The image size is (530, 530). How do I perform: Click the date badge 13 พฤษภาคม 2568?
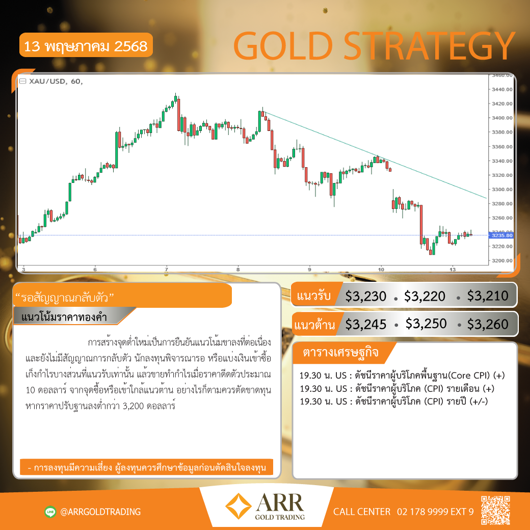pos(86,45)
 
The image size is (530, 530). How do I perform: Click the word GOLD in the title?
pos(283,46)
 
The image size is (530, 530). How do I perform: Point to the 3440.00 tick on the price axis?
pos(502,90)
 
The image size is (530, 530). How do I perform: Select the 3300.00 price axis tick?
pos(502,189)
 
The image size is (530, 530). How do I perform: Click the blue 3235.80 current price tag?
pos(501,235)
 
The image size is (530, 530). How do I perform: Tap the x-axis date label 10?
pos(381,270)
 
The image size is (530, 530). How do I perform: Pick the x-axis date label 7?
pos(166,270)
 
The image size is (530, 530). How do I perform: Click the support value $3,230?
pos(365,296)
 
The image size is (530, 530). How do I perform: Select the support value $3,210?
pos(487,296)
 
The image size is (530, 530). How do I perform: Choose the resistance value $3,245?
pos(365,325)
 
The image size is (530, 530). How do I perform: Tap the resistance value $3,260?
pos(487,324)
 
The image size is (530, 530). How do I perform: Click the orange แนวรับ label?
pos(313,296)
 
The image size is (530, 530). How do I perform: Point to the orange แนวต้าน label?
pos(314,325)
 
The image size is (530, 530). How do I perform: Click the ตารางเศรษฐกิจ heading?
pos(340,352)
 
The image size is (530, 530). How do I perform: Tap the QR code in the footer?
pos(495,510)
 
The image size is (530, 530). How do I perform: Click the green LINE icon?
pos(50,512)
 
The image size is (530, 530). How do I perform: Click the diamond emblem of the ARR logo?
pos(238,506)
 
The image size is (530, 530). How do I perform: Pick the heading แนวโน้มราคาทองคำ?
pos(64,317)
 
